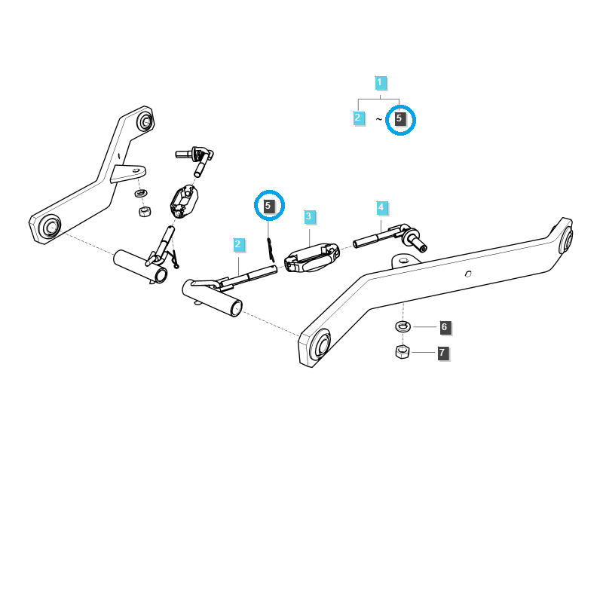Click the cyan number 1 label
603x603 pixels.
point(380,82)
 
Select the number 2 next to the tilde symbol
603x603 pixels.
point(358,118)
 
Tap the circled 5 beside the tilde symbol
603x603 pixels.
point(399,118)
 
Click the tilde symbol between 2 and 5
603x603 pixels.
point(379,119)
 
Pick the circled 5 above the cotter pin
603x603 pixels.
point(268,206)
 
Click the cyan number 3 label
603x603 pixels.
point(309,216)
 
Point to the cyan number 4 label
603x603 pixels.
point(381,208)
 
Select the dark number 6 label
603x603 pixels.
point(445,327)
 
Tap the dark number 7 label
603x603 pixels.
point(442,353)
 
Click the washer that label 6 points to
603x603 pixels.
point(403,326)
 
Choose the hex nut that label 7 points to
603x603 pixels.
point(403,351)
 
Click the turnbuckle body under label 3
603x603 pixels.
point(312,257)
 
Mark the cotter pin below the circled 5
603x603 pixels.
point(271,250)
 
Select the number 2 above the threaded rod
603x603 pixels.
point(238,244)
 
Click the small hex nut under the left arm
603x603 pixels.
point(145,211)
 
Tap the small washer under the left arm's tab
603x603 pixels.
point(141,193)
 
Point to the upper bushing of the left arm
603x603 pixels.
point(145,122)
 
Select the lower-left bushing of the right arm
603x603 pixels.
point(320,344)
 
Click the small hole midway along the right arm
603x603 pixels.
point(468,274)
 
